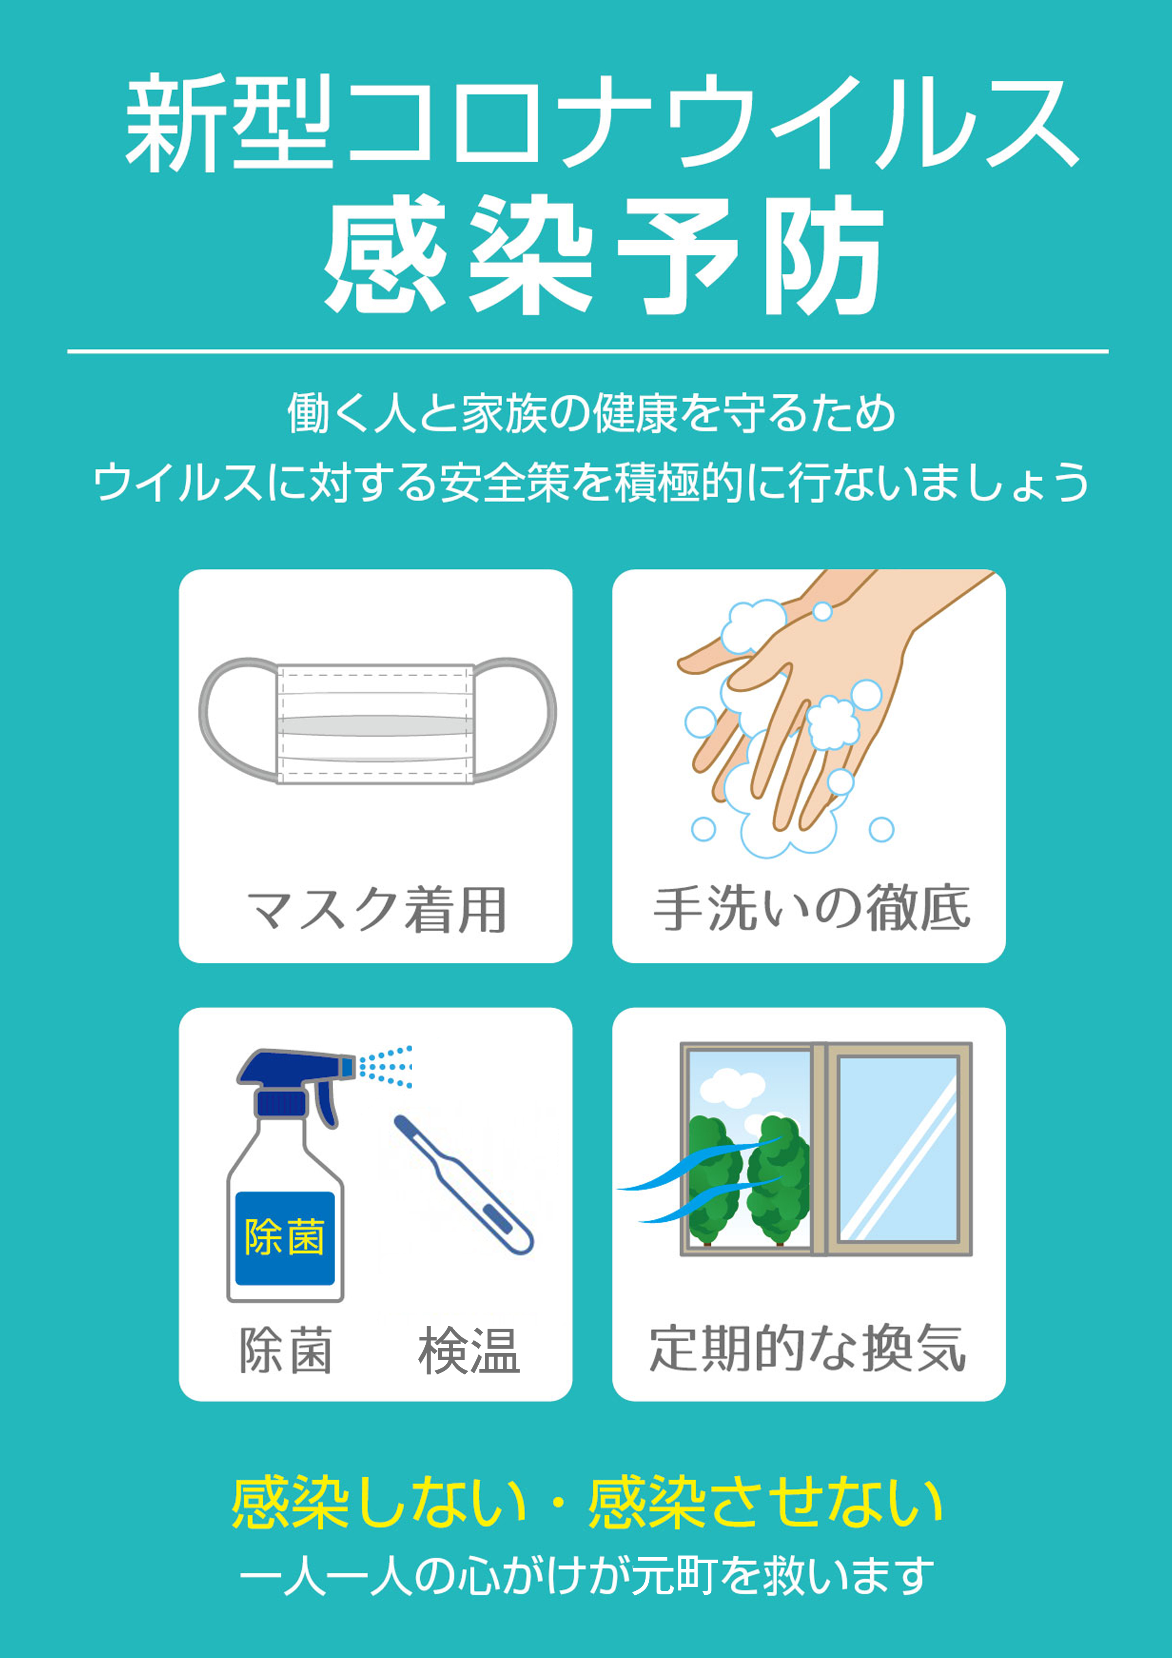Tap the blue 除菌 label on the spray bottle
click(x=285, y=1237)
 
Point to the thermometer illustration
click(x=462, y=1184)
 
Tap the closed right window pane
click(x=897, y=1148)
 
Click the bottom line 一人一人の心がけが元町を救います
click(x=586, y=1577)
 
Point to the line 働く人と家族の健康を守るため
click(x=591, y=414)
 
